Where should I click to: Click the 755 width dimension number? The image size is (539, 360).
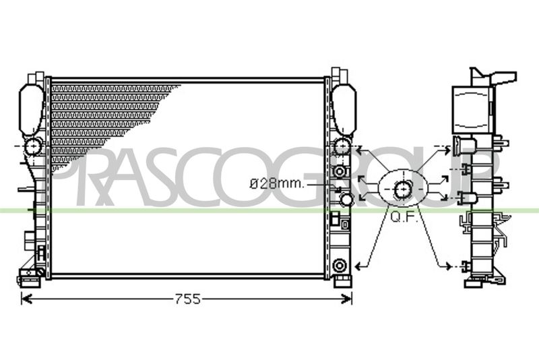point(188,299)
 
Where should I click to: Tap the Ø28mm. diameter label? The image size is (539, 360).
point(277,183)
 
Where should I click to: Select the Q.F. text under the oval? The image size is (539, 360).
point(404,217)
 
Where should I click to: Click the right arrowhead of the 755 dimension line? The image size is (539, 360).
point(346,299)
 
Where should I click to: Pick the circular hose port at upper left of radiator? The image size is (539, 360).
point(33,146)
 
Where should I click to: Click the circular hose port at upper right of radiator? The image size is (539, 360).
point(342,146)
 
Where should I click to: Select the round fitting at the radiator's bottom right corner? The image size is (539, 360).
point(340,266)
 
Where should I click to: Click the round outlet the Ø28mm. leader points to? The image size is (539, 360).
point(346,199)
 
